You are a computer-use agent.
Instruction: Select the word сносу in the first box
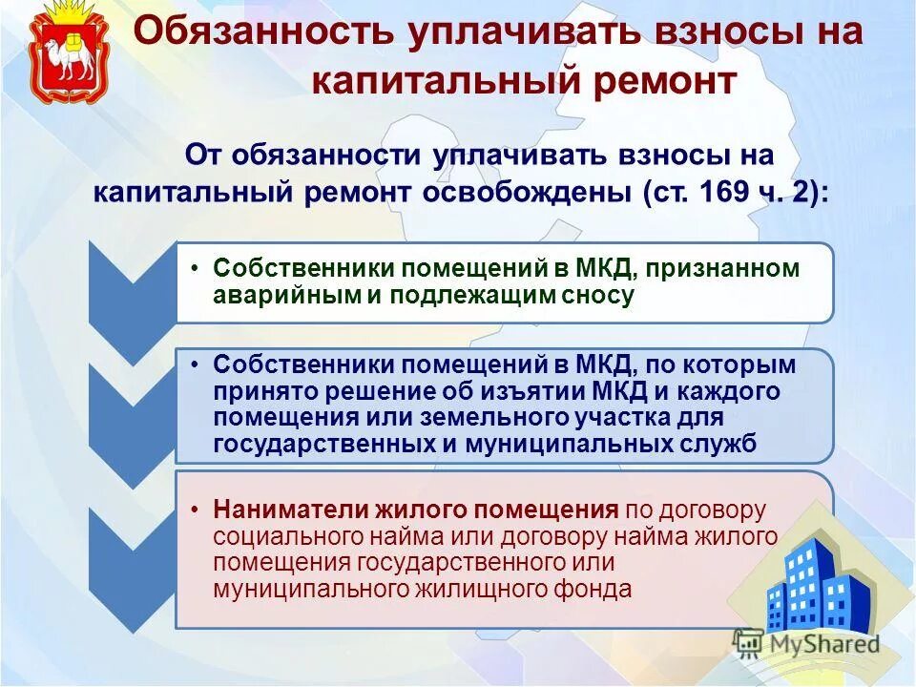click(x=600, y=295)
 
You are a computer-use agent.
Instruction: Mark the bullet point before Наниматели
click(x=195, y=510)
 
